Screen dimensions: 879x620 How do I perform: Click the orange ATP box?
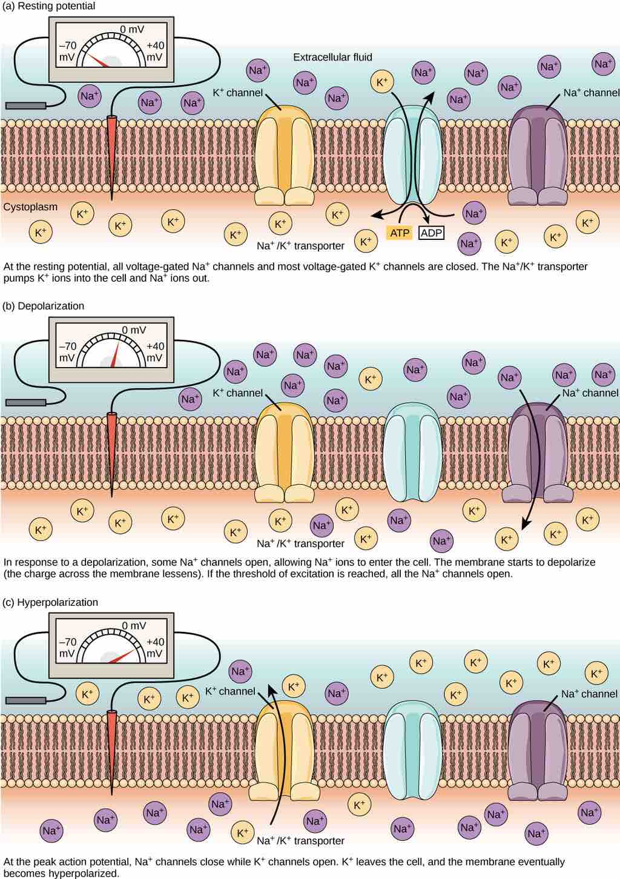[x=400, y=233]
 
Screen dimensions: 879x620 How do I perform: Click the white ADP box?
[x=431, y=233]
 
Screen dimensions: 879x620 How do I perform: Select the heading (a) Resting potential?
[x=49, y=6]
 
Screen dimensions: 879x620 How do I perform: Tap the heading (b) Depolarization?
[x=43, y=306]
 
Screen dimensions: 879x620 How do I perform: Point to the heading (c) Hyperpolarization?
[x=50, y=602]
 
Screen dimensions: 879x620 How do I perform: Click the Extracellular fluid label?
[x=332, y=58]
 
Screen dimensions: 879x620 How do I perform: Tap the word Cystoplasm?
[x=30, y=207]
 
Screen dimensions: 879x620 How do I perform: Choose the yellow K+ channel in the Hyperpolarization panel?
[x=285, y=751]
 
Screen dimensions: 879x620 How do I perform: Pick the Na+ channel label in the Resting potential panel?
[x=591, y=93]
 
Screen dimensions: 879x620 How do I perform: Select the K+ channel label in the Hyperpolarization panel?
[x=230, y=691]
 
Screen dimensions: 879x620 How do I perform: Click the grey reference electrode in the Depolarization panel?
[x=25, y=402]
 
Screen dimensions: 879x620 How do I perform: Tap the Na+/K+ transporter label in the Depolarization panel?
[x=300, y=543]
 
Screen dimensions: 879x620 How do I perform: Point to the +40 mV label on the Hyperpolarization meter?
[x=155, y=648]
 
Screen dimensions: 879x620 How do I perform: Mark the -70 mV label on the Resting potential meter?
[x=68, y=51]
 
